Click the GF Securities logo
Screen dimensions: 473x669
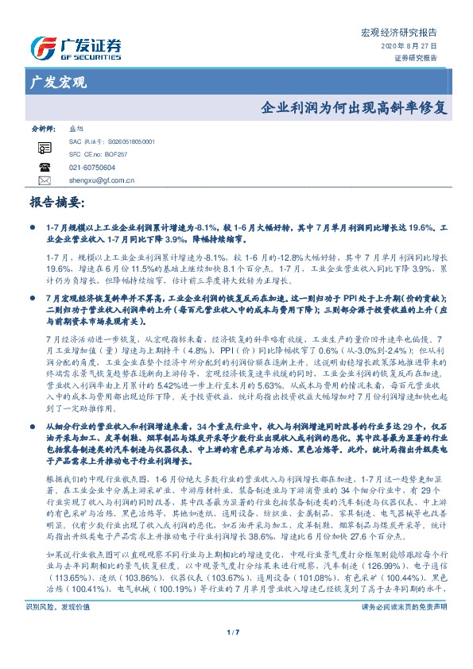pyautogui.click(x=76, y=48)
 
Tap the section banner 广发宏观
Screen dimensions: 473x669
pyautogui.click(x=58, y=83)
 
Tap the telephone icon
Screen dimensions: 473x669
pyautogui.click(x=44, y=168)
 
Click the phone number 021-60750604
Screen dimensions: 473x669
pyautogui.click(x=92, y=168)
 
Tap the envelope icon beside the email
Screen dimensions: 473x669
pyautogui.click(x=44, y=180)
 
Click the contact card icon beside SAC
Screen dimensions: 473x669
pyautogui.click(x=44, y=147)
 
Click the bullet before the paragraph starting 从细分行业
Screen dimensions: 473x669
pyautogui.click(x=33, y=404)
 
